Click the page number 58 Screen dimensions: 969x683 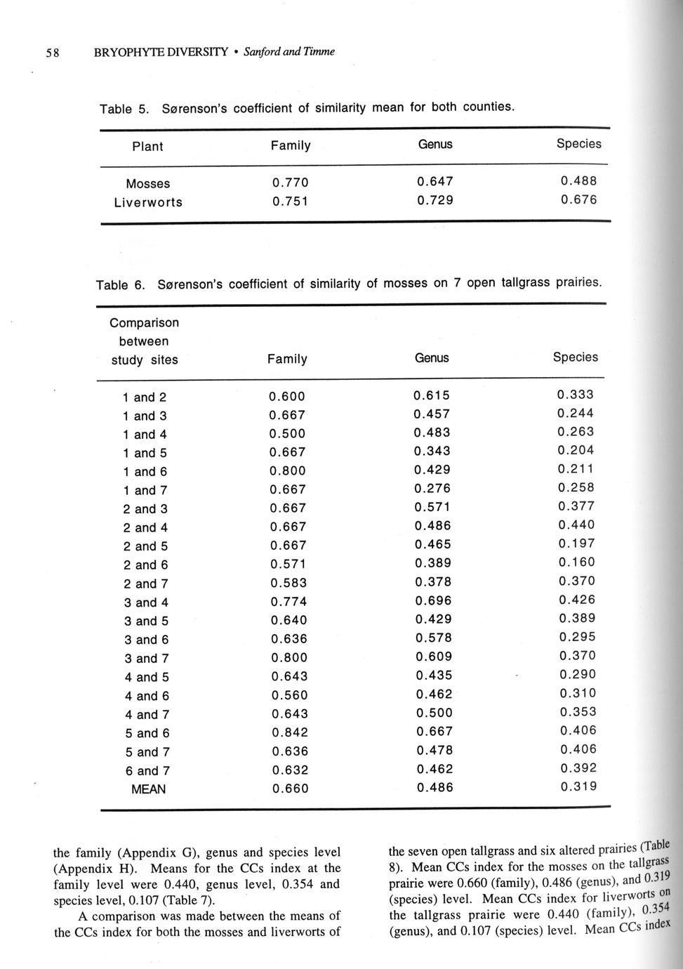coord(53,52)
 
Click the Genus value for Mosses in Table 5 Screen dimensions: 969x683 coord(435,182)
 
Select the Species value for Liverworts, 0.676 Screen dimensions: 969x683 coord(578,200)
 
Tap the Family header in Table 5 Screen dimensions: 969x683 coord(291,145)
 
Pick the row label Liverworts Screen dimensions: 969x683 coord(148,202)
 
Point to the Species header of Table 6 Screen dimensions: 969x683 coord(576,357)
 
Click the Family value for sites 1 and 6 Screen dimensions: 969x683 coord(289,471)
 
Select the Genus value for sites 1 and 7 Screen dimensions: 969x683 coord(432,489)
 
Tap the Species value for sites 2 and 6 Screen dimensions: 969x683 coord(576,562)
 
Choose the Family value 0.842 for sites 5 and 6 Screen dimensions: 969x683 coord(289,732)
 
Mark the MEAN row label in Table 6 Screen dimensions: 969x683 coord(149,789)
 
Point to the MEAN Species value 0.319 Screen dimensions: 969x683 coord(578,787)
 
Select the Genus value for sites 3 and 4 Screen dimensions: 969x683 coord(433,601)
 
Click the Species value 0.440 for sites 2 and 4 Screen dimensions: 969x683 coord(576,525)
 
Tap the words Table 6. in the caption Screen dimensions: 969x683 coord(120,285)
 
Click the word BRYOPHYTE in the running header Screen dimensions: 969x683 coord(127,52)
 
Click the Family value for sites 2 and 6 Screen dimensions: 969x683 coord(289,565)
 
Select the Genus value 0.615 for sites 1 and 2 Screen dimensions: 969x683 coord(432,395)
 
